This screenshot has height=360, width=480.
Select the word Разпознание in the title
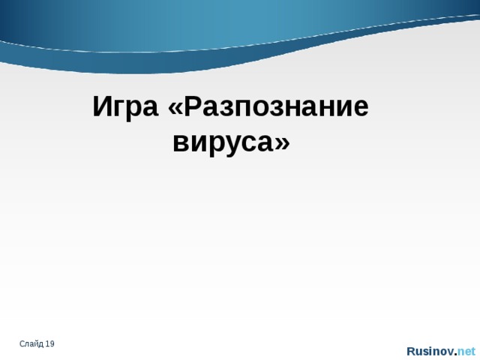(277, 107)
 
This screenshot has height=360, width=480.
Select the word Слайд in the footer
(31, 343)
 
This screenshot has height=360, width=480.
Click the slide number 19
(49, 343)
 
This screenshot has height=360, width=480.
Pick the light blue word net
(466, 351)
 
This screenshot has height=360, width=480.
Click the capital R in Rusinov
(411, 351)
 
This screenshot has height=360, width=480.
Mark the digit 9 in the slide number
(52, 343)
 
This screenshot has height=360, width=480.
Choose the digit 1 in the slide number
(47, 343)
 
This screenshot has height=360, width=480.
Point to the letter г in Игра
(118, 109)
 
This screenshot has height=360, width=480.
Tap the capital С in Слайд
(22, 343)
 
